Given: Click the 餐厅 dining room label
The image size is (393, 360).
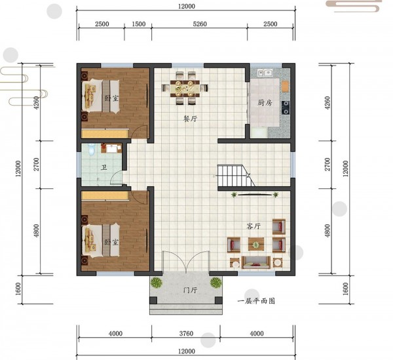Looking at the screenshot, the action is (191, 119).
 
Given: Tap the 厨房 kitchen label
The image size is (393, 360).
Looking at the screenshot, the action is (265, 102).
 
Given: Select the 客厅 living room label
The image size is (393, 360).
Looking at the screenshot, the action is (253, 226).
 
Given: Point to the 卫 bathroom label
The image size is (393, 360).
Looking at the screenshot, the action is (103, 167).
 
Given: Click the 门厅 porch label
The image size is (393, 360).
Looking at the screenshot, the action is (190, 290).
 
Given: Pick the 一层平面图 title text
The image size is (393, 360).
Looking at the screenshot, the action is (256, 300).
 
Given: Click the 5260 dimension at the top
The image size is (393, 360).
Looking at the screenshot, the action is (200, 24).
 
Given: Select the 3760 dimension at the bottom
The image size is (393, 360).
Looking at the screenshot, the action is (186, 333).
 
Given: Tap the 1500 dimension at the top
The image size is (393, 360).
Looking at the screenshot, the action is (139, 24).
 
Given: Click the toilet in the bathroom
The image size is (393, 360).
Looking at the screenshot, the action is (92, 149).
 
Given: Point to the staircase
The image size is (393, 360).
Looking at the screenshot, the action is (236, 176).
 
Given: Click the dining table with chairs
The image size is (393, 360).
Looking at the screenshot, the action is (185, 88).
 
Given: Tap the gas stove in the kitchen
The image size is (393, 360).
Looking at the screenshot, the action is (286, 108).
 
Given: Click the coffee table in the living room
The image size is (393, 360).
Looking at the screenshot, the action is (256, 244).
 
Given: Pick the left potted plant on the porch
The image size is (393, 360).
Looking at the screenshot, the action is (157, 283).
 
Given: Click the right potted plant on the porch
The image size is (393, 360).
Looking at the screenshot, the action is (215, 283).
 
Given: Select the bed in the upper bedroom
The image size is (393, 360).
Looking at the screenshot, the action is (101, 96).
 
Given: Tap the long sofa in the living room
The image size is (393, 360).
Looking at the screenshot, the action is (256, 262).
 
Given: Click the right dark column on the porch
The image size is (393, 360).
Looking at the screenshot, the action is (219, 300).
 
